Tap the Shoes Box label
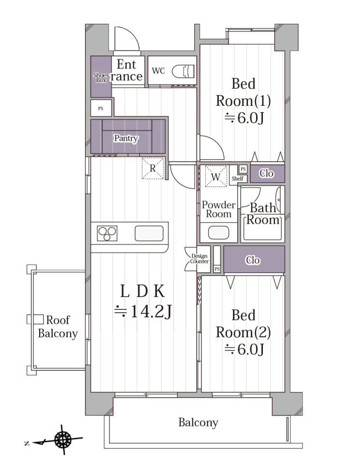101,77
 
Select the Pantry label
126,138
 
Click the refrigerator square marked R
153,168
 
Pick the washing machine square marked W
216,176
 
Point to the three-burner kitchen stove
107,233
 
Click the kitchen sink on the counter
149,233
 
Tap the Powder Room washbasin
218,233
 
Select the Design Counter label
200,259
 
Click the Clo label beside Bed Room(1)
267,173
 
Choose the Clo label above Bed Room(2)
253,260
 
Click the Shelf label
238,178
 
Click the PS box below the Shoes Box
101,108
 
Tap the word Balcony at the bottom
198,422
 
